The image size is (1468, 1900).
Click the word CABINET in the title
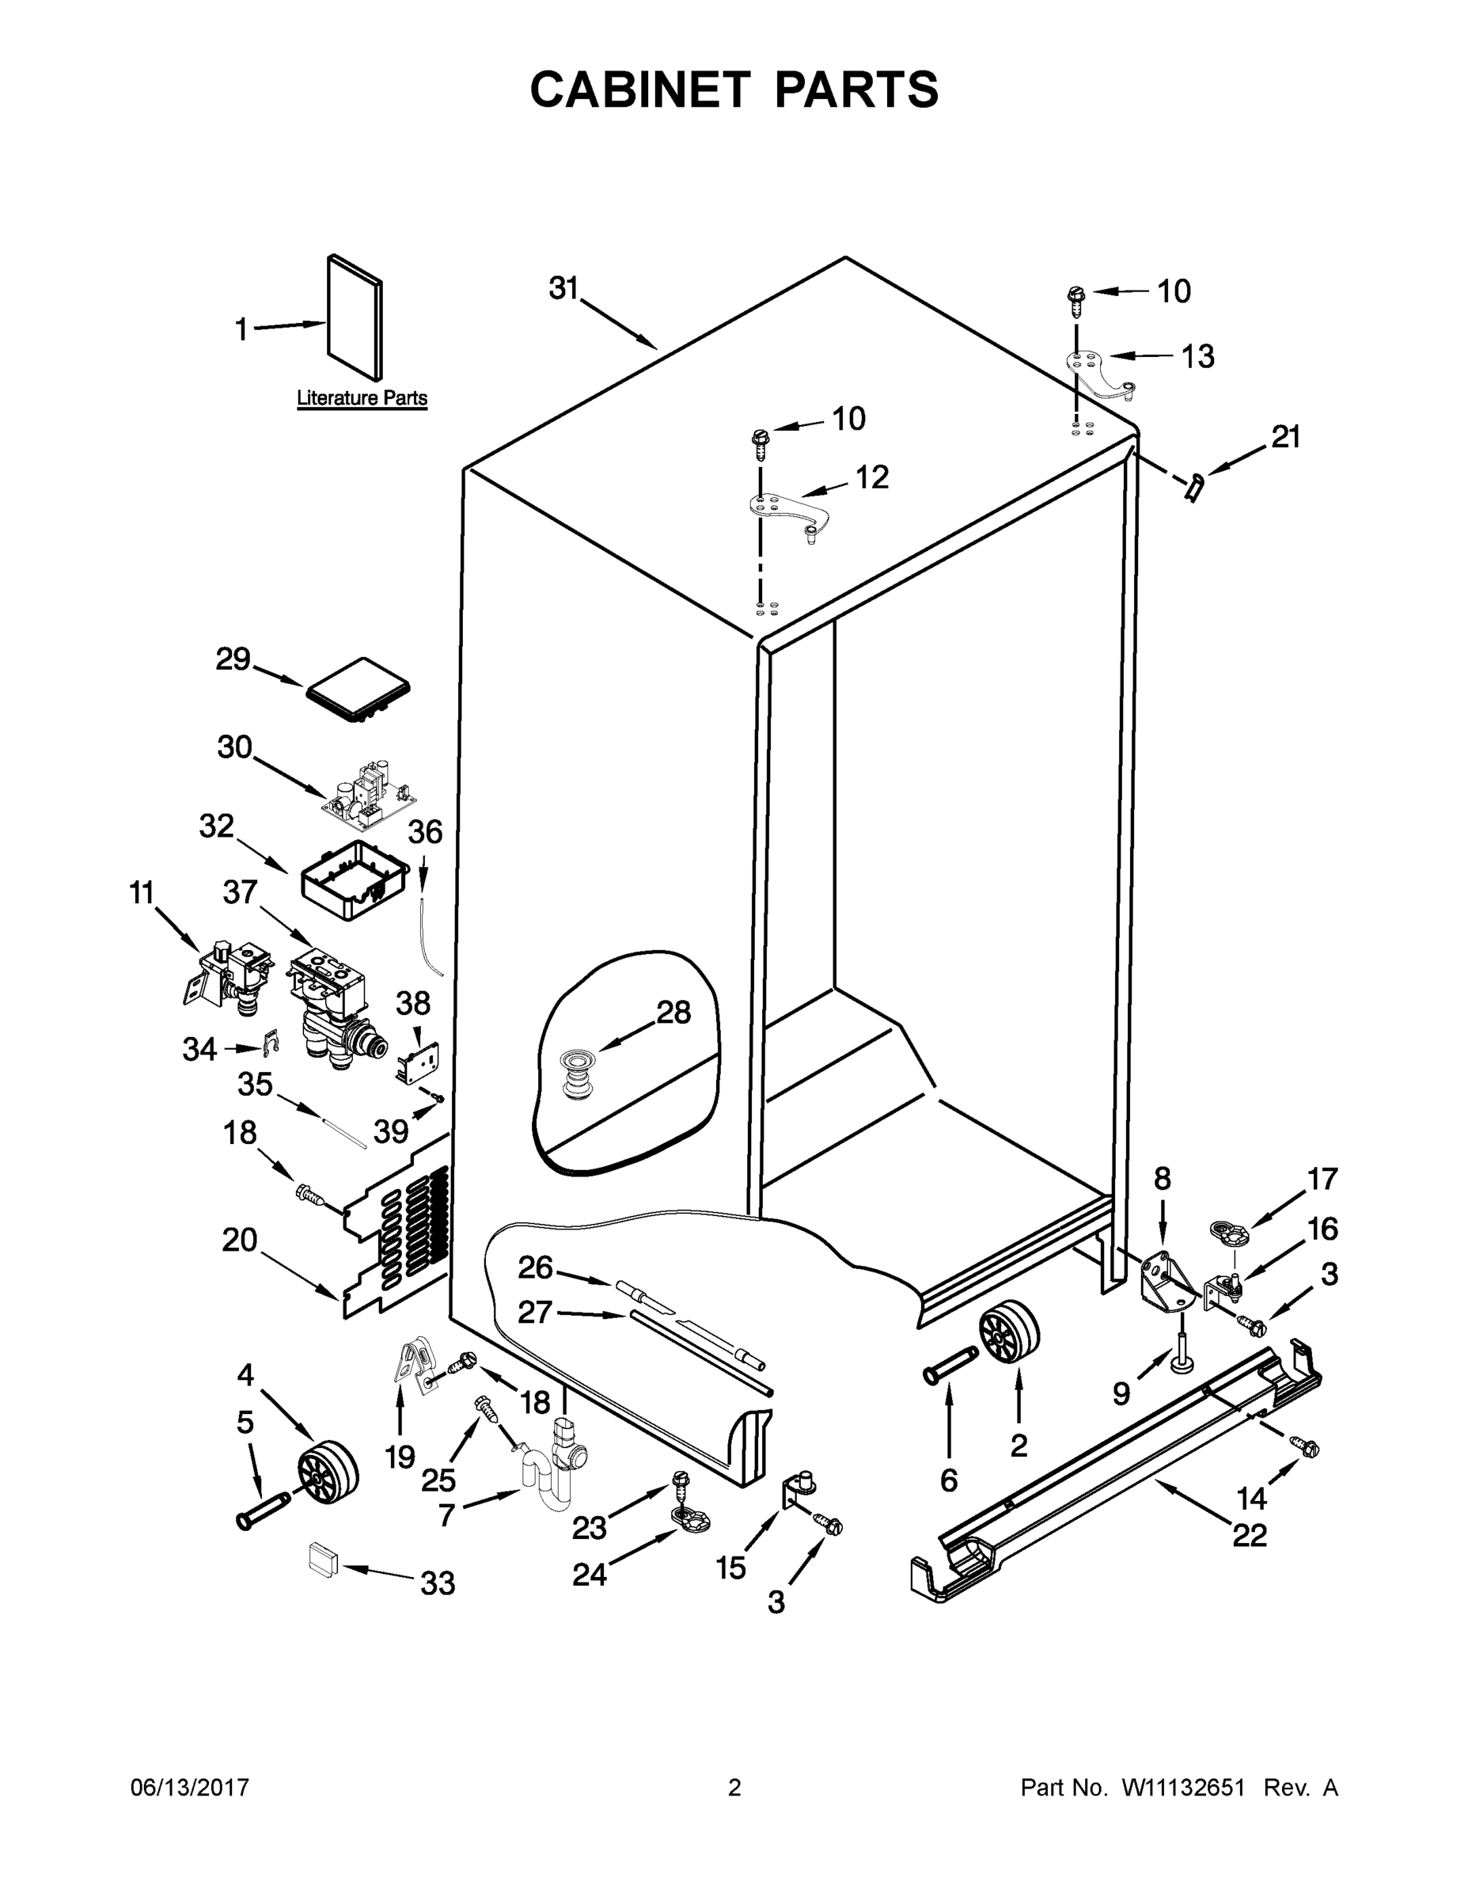pyautogui.click(x=640, y=89)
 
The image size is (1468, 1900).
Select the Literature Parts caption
pyautogui.click(x=362, y=398)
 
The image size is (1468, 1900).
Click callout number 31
pyautogui.click(x=563, y=288)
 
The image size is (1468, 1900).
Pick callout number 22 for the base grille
pyautogui.click(x=1249, y=1536)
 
